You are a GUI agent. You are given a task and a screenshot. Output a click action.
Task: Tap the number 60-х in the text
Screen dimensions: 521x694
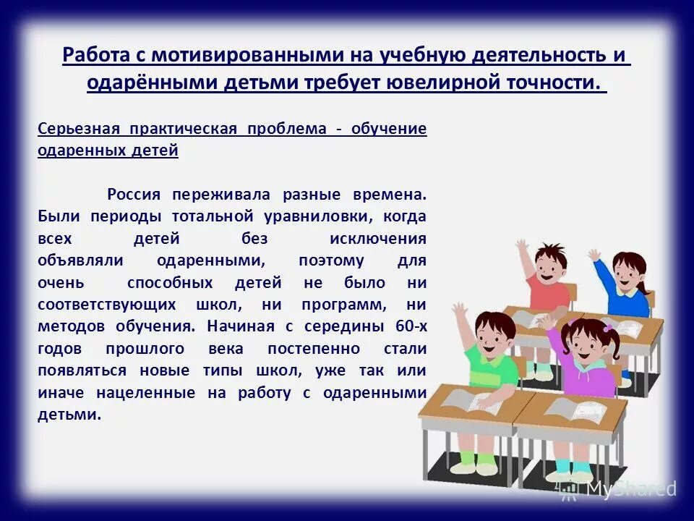tap(411, 327)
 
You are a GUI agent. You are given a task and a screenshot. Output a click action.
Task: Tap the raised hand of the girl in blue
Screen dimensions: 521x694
tap(594, 255)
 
